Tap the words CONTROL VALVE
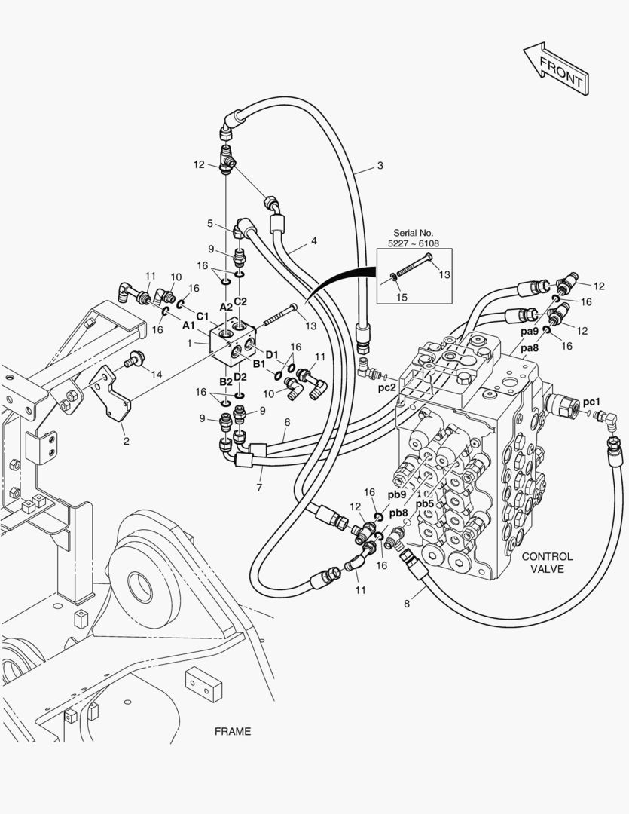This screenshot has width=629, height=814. click(x=547, y=563)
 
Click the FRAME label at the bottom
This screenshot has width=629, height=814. click(x=233, y=731)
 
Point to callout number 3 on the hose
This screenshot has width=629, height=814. click(x=380, y=166)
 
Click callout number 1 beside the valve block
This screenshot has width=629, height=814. click(x=190, y=343)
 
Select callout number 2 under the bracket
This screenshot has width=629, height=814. click(x=125, y=442)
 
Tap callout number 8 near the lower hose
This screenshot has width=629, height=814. click(x=407, y=603)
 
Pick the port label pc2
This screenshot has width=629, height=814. click(x=387, y=387)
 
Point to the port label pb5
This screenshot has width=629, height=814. click(x=424, y=504)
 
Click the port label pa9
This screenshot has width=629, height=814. click(x=530, y=332)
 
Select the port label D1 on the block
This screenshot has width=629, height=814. click(x=272, y=354)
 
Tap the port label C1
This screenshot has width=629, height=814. click(x=202, y=315)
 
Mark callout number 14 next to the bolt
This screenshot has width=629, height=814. click(x=156, y=373)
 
